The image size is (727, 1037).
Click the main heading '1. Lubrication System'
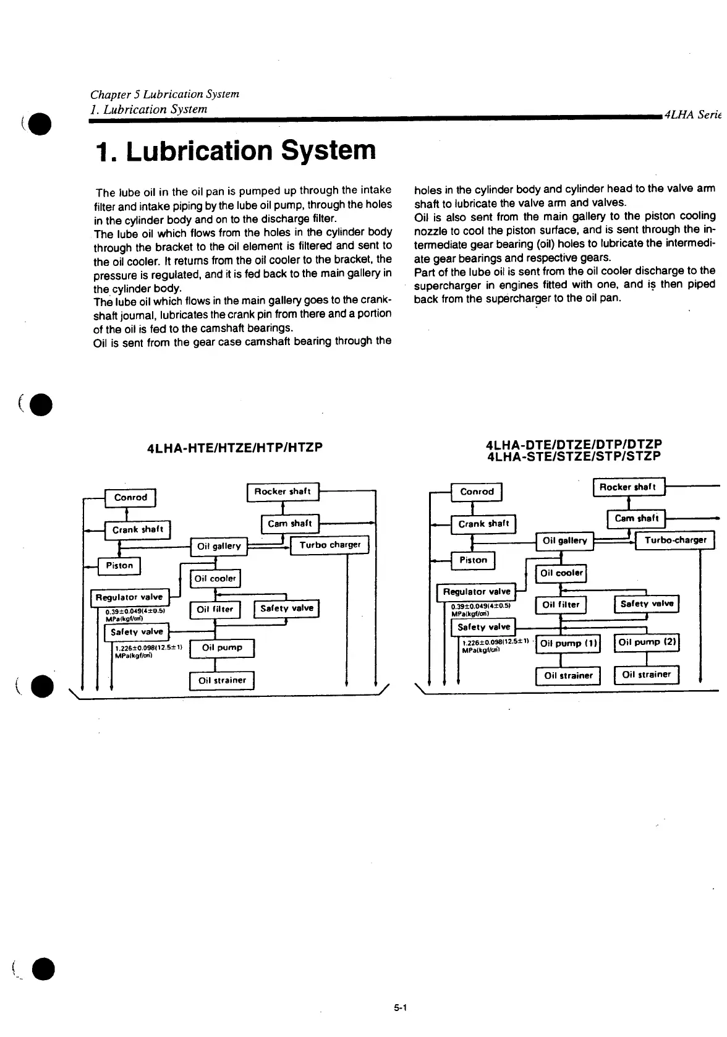click(236, 151)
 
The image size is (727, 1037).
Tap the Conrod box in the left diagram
click(130, 498)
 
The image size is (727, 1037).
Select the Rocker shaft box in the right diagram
click(629, 487)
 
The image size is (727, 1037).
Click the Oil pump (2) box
click(647, 643)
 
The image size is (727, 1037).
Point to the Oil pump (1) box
click(568, 644)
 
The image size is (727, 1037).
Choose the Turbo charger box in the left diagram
click(329, 545)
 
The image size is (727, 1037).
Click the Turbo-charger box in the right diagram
click(675, 540)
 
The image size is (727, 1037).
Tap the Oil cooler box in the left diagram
click(215, 579)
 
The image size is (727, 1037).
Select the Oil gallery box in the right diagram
click(564, 541)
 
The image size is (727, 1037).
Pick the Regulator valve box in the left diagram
click(130, 597)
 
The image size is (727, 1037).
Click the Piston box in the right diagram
click(473, 560)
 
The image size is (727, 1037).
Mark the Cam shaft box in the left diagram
click(290, 524)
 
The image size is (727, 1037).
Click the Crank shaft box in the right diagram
click(483, 524)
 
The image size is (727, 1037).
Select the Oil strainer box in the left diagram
click(222, 681)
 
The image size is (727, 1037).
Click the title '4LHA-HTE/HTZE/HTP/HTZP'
click(235, 446)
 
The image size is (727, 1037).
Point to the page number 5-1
click(398, 1009)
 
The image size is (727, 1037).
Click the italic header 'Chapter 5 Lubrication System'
click(164, 94)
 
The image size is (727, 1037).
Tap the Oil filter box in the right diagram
click(561, 605)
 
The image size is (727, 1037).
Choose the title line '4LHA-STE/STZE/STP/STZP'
click(574, 456)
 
